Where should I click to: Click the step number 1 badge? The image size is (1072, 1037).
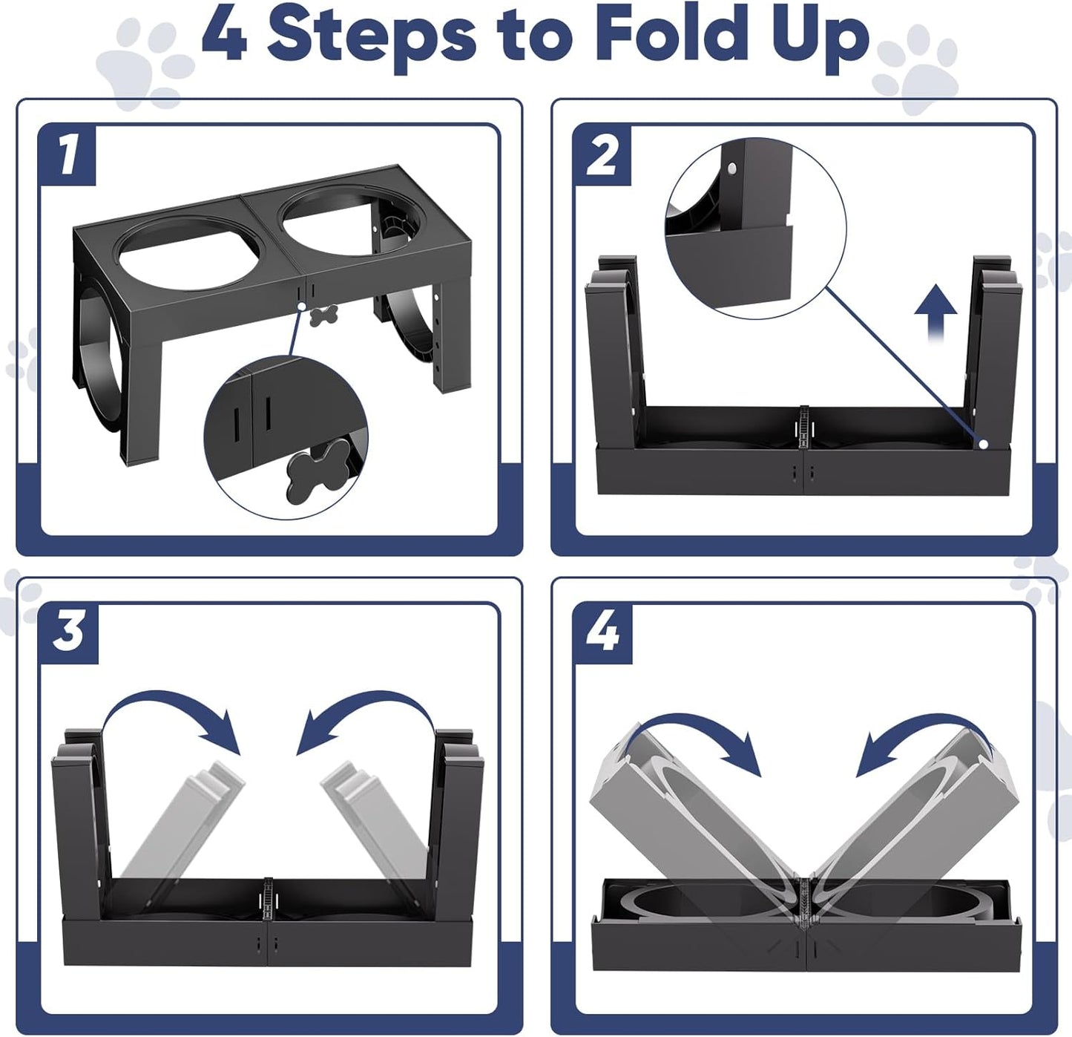[68, 154]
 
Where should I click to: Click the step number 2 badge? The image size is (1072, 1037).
[602, 154]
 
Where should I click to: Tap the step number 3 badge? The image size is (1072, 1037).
[68, 632]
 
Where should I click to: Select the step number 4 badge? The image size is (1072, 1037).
[602, 632]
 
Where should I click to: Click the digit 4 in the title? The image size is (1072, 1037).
[224, 35]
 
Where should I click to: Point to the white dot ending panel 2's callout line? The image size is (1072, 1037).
[983, 444]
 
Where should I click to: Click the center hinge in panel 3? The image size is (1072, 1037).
[266, 902]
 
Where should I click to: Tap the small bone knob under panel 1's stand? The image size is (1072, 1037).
[324, 315]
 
